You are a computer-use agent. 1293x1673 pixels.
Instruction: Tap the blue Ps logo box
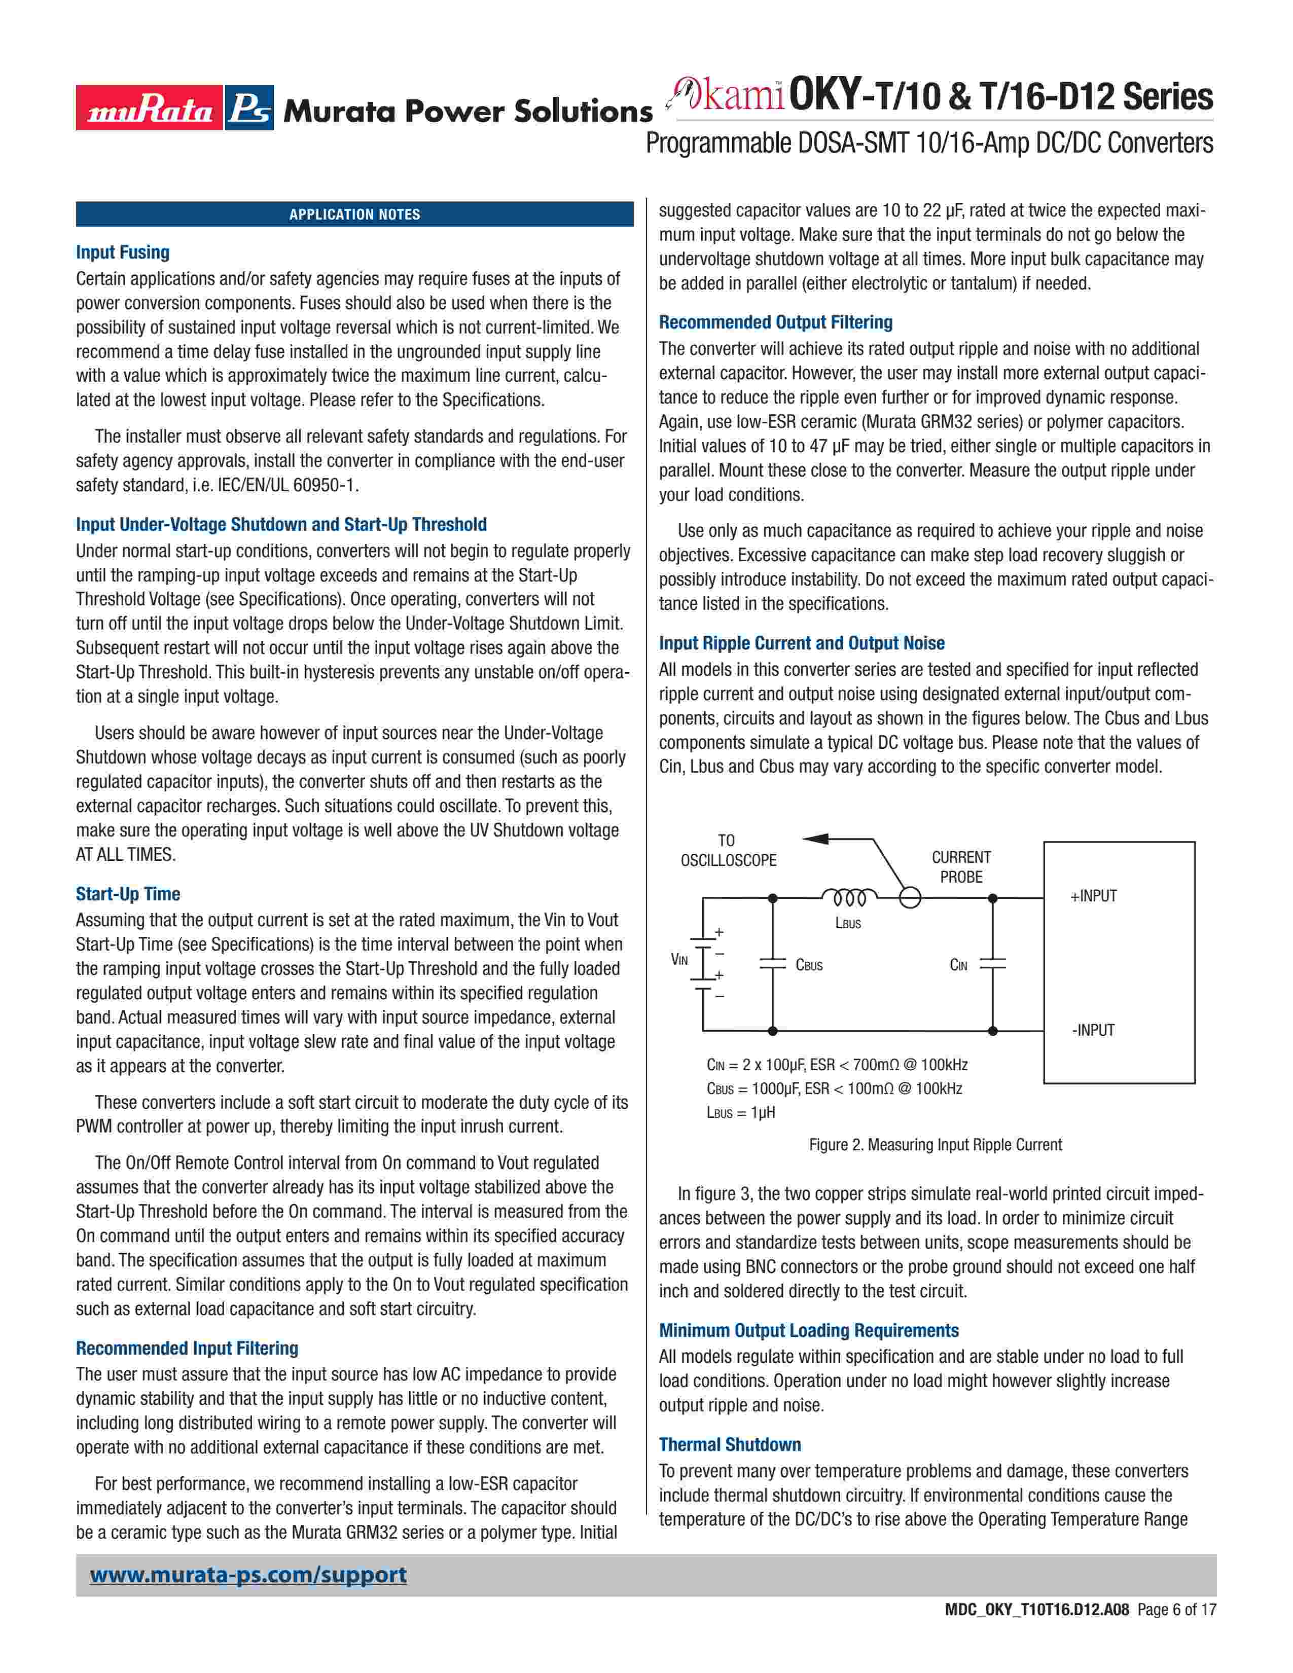click(x=249, y=108)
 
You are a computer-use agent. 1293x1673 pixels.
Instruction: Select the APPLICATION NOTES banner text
click(x=354, y=214)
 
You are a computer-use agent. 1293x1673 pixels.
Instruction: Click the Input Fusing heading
click(x=123, y=252)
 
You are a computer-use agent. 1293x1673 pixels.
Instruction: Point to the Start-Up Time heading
click(x=128, y=894)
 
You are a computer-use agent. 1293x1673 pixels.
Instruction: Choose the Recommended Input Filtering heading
click(x=187, y=1348)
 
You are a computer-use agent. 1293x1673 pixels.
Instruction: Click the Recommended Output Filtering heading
click(x=776, y=322)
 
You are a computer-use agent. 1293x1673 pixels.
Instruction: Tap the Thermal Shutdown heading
click(x=730, y=1445)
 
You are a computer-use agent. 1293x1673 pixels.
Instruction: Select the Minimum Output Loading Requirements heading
click(x=809, y=1331)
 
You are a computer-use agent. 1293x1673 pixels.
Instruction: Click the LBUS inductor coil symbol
click(x=849, y=897)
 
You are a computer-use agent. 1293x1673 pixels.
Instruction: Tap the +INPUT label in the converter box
click(x=1093, y=896)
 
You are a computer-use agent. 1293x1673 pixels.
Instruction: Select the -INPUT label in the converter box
click(x=1093, y=1030)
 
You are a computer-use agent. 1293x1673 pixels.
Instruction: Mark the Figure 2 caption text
click(x=936, y=1144)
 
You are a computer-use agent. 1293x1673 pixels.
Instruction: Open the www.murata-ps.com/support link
click(x=248, y=1575)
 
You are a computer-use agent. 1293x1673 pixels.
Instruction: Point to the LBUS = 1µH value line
click(x=741, y=1112)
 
